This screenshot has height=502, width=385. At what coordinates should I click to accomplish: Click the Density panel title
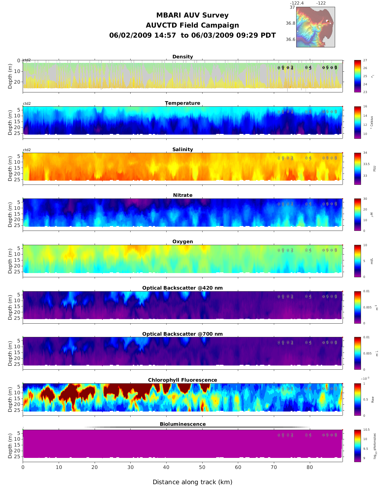tap(182, 57)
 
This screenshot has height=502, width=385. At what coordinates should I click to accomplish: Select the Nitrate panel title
tap(182, 195)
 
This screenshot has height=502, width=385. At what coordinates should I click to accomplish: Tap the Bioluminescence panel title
tap(182, 424)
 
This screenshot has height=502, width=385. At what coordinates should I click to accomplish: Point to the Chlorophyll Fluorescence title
tap(182, 380)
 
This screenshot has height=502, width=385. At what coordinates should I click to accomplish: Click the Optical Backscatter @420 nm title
tap(182, 288)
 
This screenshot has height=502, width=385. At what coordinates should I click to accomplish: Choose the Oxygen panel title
tap(182, 242)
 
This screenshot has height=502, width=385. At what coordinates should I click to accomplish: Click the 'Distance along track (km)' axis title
tap(192, 482)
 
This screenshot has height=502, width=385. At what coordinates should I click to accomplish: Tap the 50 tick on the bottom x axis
tap(202, 467)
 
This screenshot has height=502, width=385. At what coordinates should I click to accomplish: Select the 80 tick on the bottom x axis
tap(310, 467)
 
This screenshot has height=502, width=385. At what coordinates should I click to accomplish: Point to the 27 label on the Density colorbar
tap(365, 60)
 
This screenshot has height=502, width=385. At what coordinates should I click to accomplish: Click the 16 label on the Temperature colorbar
tap(365, 107)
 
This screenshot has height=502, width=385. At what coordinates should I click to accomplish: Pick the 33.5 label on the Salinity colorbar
tap(366, 164)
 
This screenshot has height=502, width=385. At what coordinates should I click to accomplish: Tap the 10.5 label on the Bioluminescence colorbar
tap(366, 430)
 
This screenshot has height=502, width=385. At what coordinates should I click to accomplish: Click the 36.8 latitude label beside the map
tap(290, 23)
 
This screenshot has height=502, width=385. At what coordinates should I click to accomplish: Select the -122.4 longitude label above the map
tap(297, 3)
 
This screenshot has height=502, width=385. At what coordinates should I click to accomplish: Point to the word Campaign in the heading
tap(220, 25)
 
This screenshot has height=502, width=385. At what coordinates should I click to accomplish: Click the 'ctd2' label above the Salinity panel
tap(27, 150)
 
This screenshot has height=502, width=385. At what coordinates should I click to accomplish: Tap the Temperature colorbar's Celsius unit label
tap(372, 123)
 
